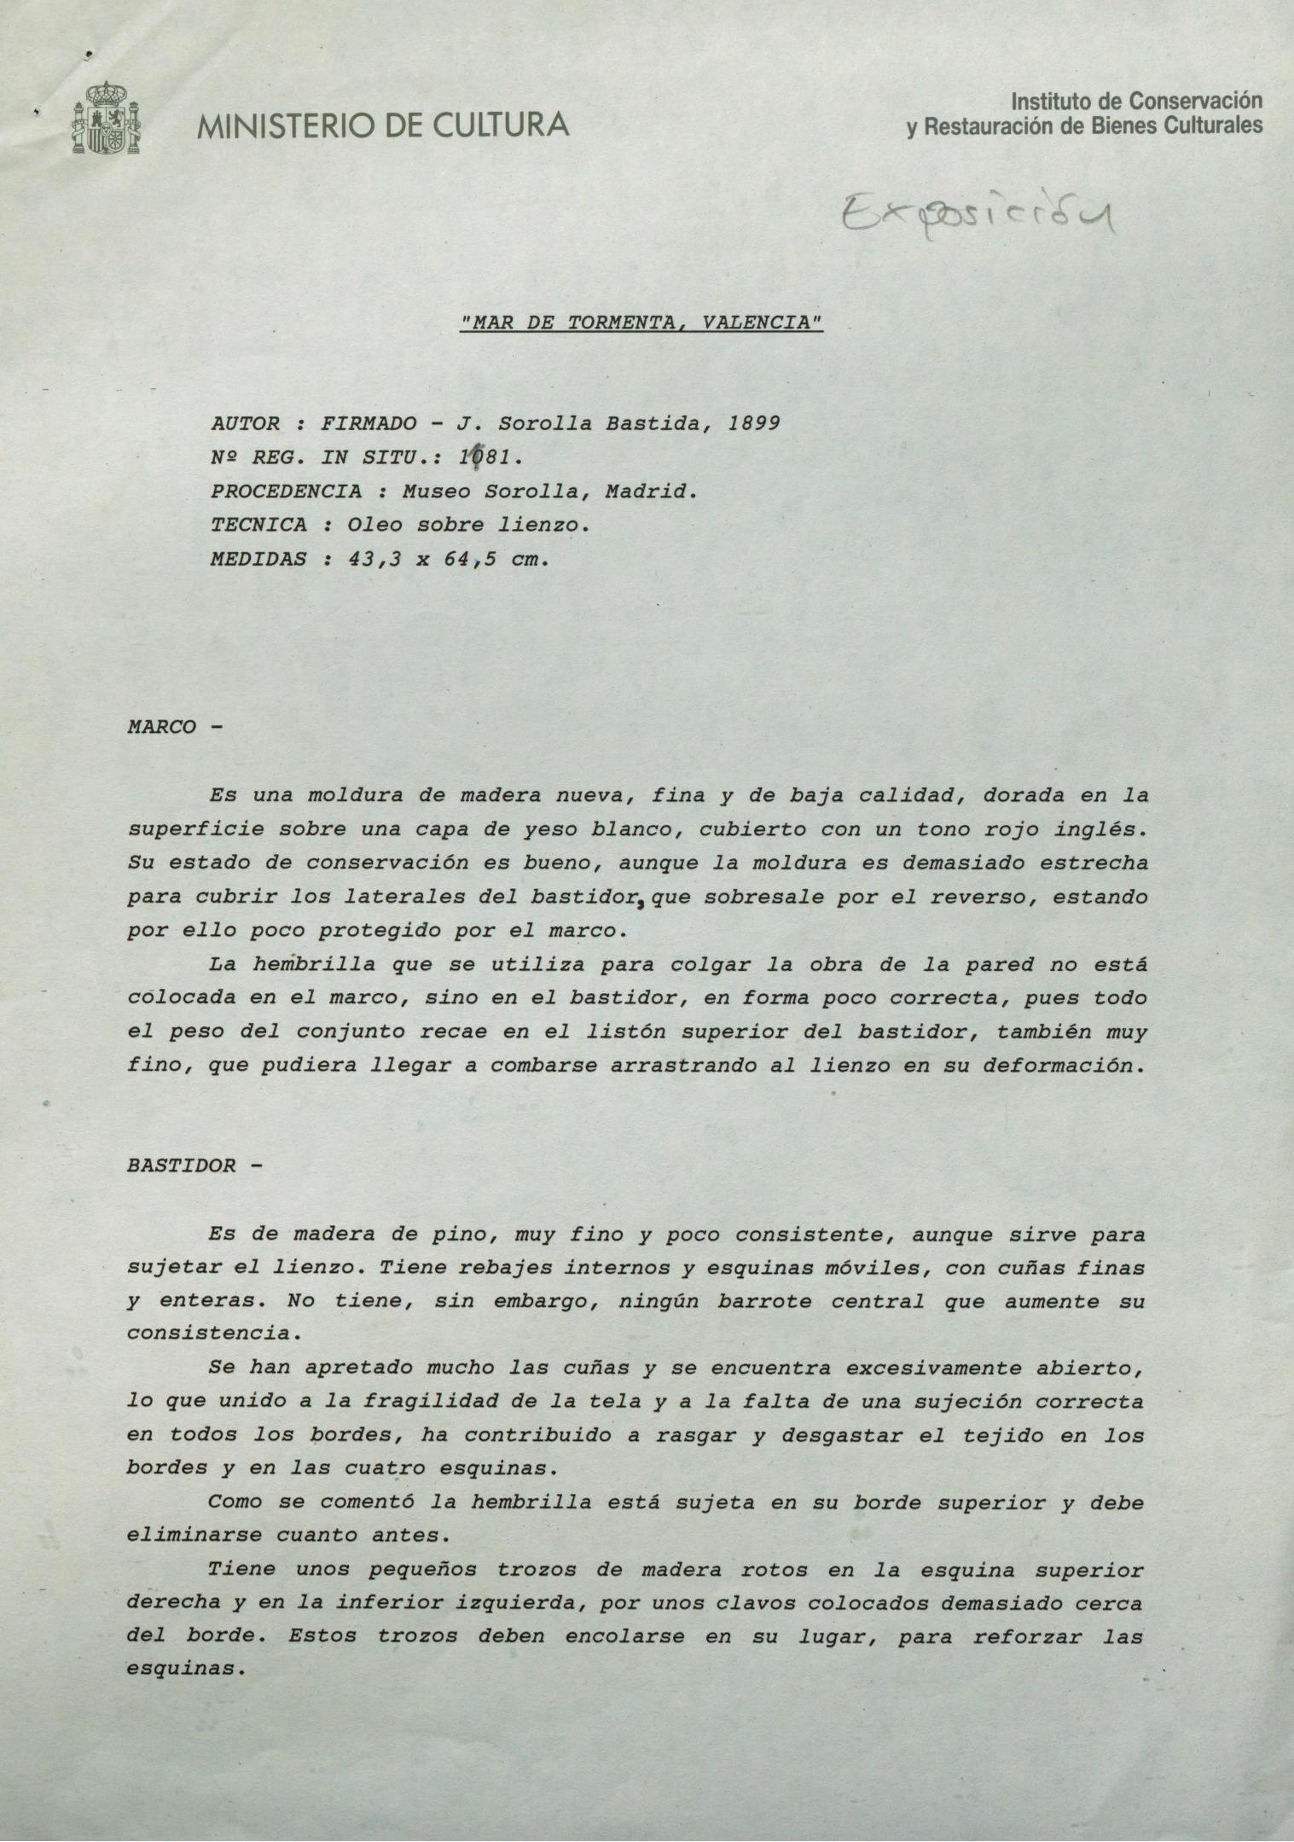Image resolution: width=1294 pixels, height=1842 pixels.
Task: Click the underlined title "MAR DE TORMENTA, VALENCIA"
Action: pyautogui.click(x=641, y=323)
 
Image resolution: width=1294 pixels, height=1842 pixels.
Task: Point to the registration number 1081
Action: pyautogui.click(x=487, y=457)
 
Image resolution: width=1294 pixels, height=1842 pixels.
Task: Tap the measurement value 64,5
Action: pyautogui.click(x=467, y=560)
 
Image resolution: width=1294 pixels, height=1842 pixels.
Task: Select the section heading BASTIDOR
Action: pyautogui.click(x=181, y=1165)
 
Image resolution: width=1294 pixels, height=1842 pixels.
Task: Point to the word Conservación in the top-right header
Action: pyautogui.click(x=1195, y=101)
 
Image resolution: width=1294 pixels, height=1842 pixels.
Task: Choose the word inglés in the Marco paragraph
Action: pyautogui.click(x=1105, y=828)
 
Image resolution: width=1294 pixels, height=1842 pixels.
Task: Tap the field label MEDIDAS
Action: pyautogui.click(x=258, y=560)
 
